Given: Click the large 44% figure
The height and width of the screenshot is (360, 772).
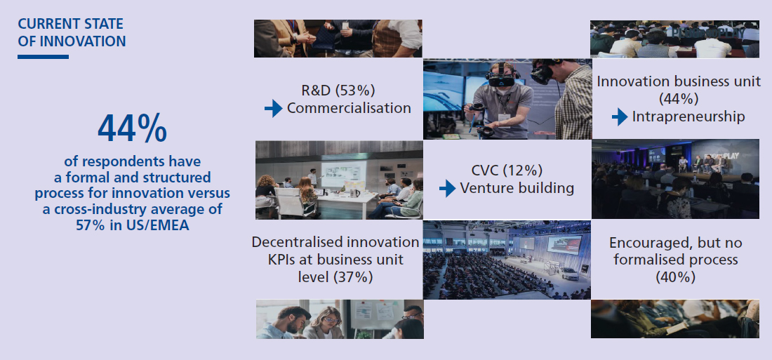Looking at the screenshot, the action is coord(132,128).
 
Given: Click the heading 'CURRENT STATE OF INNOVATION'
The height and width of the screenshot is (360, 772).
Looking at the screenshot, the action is coord(72,32).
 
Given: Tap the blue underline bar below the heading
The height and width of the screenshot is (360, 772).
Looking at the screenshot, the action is coord(44,57).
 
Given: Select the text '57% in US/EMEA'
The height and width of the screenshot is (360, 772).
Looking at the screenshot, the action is coord(133,225).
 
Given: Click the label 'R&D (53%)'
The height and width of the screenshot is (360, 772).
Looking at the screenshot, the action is coord(338,91).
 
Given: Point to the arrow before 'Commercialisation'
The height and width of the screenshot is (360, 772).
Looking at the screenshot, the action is coord(273,108).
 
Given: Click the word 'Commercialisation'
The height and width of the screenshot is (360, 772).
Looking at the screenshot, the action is coord(349,108).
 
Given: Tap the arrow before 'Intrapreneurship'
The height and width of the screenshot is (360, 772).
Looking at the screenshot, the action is coord(620,116).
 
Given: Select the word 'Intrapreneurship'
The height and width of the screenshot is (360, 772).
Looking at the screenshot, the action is coord(688,116).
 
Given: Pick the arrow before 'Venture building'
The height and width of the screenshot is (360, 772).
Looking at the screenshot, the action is coord(447,188).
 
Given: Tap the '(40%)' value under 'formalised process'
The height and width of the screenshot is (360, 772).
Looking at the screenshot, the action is coord(675,277).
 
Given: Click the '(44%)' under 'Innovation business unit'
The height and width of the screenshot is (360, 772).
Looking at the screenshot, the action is coord(679,99).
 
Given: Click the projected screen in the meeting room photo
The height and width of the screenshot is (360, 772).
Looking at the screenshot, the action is coord(344,174).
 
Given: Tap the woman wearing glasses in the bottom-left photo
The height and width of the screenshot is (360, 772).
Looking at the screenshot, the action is coord(324,323).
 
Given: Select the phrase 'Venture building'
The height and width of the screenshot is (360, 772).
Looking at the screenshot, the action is coord(517,189).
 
